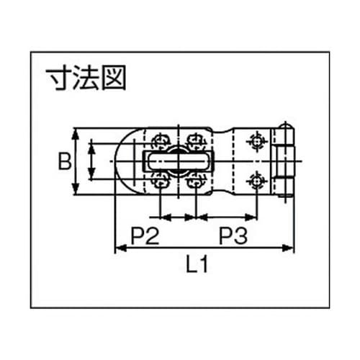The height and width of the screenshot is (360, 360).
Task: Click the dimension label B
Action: click(64, 161)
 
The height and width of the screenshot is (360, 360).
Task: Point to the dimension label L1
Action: click(197, 266)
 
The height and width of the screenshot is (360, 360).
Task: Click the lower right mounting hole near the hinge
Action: click(253, 181)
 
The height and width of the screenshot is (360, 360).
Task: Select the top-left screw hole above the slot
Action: click(159, 138)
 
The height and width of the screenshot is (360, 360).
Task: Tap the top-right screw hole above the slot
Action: click(194, 138)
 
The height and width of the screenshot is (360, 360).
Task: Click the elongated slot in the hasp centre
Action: click(177, 161)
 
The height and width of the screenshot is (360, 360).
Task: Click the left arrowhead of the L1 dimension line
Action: click(118, 249)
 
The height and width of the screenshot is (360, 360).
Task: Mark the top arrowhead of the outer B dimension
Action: click(76, 132)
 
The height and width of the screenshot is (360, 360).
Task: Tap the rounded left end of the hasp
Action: click(122, 161)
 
